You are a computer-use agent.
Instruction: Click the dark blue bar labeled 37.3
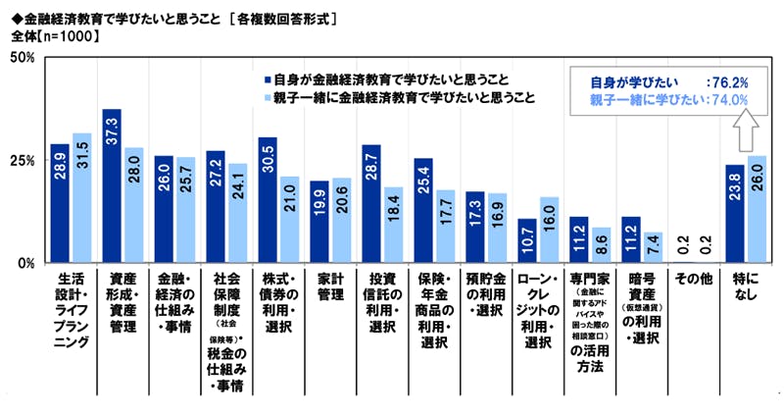coord(112,186)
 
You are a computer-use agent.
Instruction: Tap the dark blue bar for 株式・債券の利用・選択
coord(267,200)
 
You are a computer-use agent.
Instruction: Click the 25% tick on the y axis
coord(23,160)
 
